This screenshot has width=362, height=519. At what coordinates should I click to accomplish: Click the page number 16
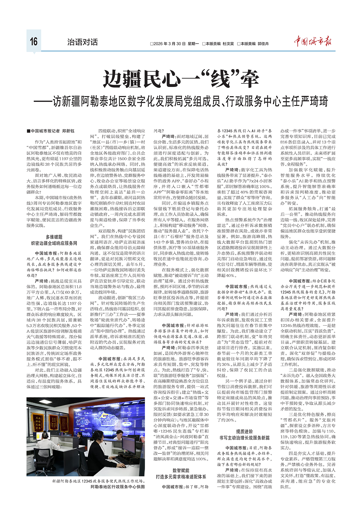(x=33, y=41)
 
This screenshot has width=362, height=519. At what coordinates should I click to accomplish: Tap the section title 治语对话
(x=82, y=42)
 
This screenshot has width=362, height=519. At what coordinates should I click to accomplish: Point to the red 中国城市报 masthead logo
(x=313, y=41)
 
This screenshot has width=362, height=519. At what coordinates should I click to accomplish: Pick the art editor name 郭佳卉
(x=263, y=44)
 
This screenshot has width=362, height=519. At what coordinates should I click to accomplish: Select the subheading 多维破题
(x=54, y=237)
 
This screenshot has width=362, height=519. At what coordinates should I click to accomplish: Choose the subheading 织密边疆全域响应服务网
(x=54, y=243)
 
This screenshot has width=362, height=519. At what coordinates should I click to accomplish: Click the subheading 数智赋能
(x=181, y=470)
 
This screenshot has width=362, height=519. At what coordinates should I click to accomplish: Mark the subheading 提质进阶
(x=244, y=431)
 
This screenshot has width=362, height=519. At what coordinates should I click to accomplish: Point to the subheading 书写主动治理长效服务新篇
(x=244, y=438)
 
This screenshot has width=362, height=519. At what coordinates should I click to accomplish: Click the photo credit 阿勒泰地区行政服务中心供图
(x=118, y=487)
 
